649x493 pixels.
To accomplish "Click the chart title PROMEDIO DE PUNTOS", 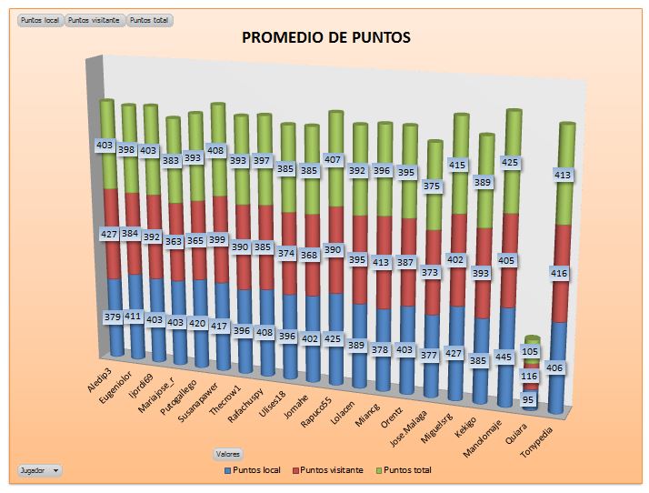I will tap(325, 37).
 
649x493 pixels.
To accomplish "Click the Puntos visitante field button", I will tap(95, 20).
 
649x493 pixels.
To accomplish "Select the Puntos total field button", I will tap(150, 20).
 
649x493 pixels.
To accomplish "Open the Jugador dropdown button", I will tap(40, 470).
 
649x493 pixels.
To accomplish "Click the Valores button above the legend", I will tap(227, 453).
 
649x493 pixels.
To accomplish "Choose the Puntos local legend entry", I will tap(252, 470).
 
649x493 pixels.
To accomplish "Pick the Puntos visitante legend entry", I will tap(330, 470).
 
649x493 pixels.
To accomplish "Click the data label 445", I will tap(505, 357).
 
